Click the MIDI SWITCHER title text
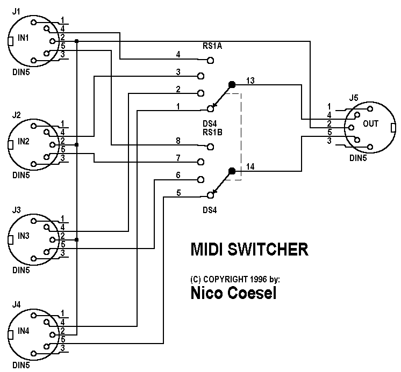coord(250,250)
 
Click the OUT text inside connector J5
coord(371,123)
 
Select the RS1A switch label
coord(212,47)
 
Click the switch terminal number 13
coord(250,81)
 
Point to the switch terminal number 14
coord(250,167)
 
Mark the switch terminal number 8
coord(178,141)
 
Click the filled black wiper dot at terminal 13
coord(232,85)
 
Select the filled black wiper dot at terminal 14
coord(232,171)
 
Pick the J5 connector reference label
coord(353,98)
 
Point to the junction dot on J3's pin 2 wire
coord(77,239)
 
